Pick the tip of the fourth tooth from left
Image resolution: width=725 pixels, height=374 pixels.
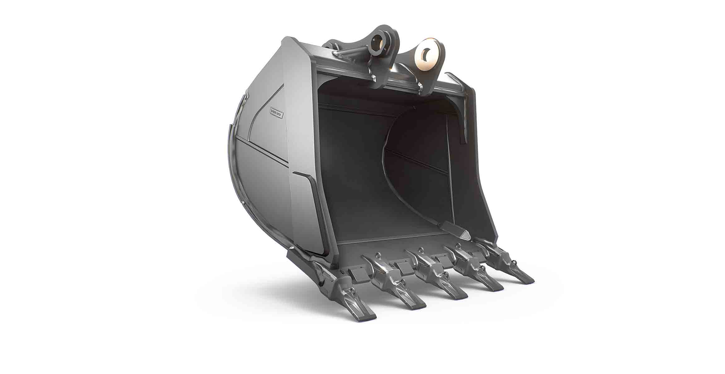(497, 288)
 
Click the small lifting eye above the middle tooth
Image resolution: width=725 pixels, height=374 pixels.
(421, 250)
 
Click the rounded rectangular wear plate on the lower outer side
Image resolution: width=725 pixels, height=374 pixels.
(306, 212)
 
